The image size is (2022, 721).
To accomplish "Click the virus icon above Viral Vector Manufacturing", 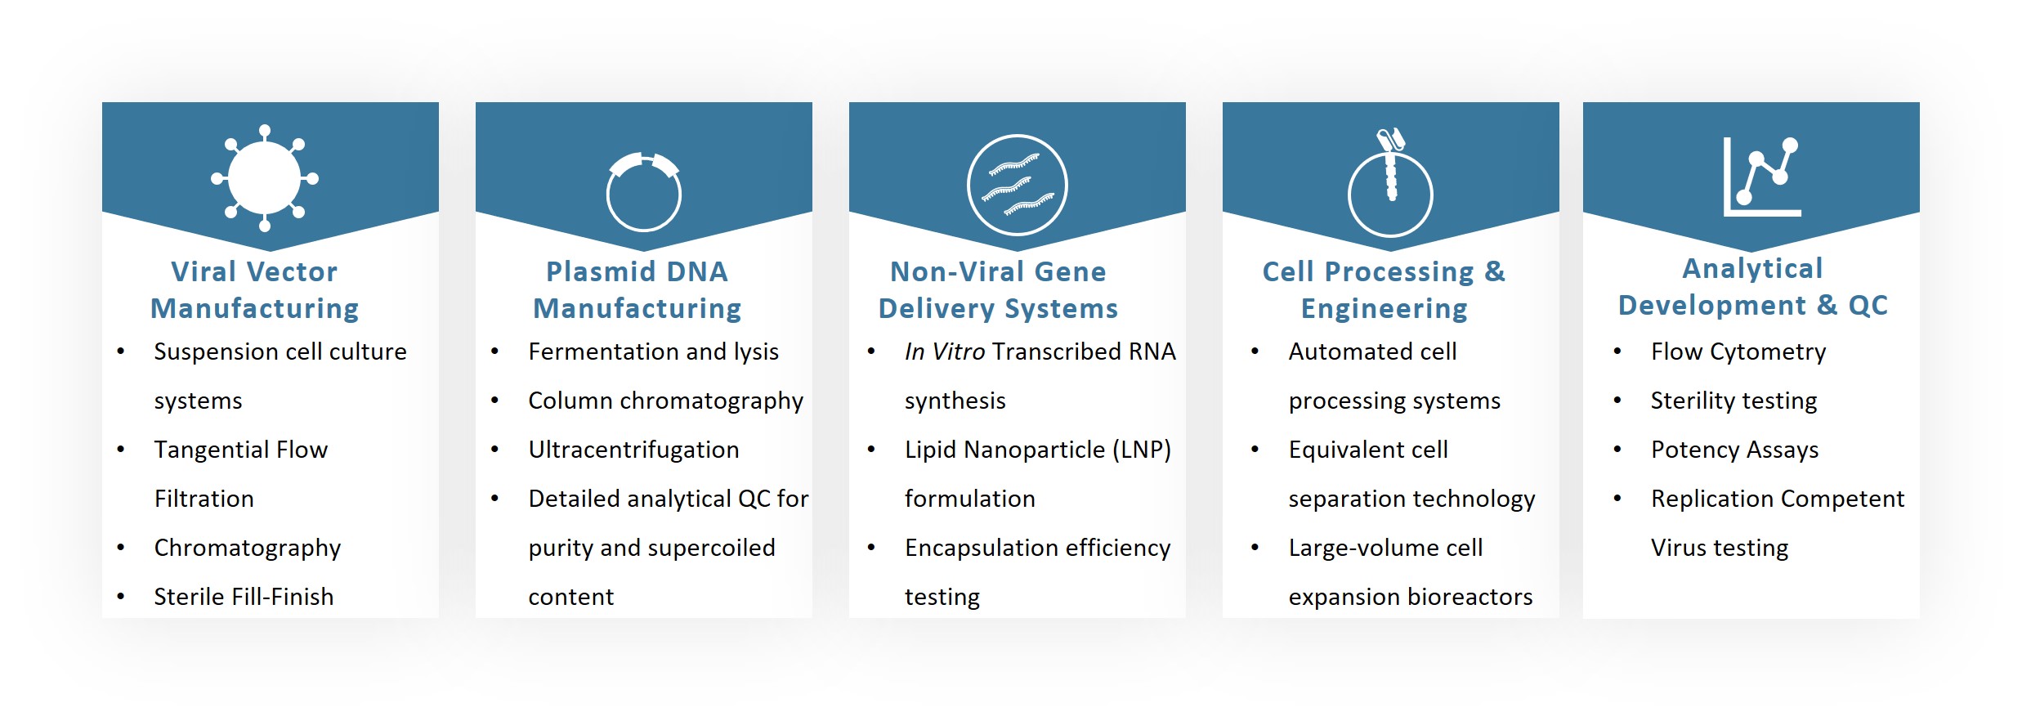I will tap(265, 178).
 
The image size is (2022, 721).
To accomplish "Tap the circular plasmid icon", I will tap(644, 193).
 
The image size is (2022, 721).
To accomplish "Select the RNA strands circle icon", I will tap(1017, 185).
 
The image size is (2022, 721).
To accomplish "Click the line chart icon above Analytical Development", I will tap(1761, 177).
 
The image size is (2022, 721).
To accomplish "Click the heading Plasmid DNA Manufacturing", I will tap(637, 289).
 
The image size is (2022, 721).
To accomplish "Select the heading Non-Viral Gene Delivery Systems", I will tap(998, 289).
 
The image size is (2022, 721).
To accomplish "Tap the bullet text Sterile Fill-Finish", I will tap(244, 597).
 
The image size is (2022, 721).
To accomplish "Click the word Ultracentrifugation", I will tap(633, 450).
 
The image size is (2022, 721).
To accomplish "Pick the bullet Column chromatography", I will tap(665, 401).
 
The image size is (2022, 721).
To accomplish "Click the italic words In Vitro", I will tap(944, 352).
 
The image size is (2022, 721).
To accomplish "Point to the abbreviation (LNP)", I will tap(1142, 450).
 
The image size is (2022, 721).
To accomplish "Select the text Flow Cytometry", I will tap(1738, 352).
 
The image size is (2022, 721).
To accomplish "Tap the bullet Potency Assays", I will tap(1734, 450).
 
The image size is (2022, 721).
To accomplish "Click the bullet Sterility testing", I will tap(1733, 401).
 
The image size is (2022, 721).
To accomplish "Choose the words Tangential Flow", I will tap(240, 450).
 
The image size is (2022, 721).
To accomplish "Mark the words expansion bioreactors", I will tap(1410, 597).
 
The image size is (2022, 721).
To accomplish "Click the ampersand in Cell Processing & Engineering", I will tap(1495, 271).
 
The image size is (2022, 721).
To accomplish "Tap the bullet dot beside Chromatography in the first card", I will tap(121, 548).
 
